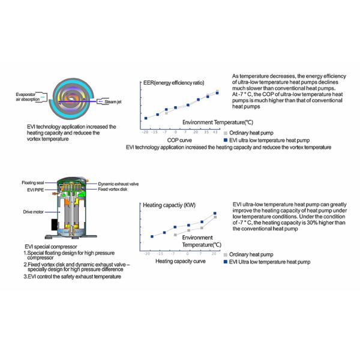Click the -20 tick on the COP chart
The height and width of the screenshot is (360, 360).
point(146,130)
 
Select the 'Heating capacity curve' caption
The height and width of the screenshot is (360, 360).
point(178,261)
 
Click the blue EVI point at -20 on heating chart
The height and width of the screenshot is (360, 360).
point(152,236)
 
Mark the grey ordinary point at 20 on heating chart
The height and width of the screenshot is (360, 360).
point(215,217)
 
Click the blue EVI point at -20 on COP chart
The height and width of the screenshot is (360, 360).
point(146,118)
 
